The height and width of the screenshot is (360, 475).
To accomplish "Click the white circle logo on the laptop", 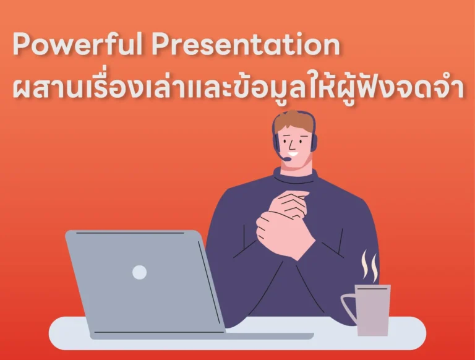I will click(140, 272).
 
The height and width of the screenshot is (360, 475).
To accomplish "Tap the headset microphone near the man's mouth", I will click(286, 158).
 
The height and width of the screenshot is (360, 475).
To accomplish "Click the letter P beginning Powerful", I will click(22, 46).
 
